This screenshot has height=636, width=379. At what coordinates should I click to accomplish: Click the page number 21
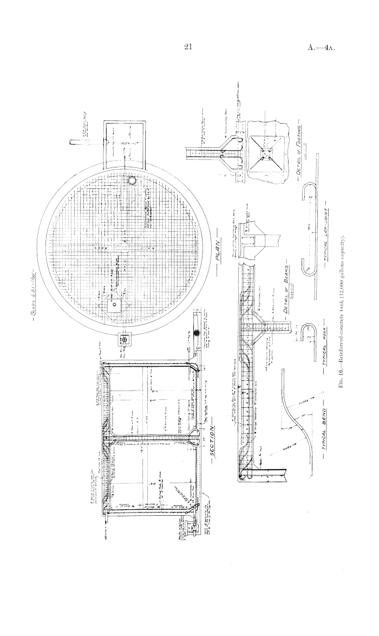pyautogui.click(x=189, y=47)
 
